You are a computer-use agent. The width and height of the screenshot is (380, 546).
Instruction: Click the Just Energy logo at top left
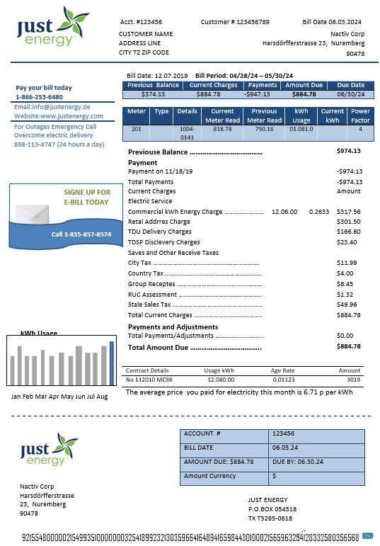pyautogui.click(x=53, y=27)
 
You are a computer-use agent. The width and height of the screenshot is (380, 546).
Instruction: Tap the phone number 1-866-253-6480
pyautogui.click(x=39, y=97)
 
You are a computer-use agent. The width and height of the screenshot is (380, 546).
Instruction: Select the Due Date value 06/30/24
pyautogui.click(x=351, y=93)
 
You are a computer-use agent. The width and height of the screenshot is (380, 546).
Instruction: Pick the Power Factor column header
pyautogui.click(x=360, y=115)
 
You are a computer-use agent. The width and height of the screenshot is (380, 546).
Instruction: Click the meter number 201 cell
pyautogui.click(x=137, y=129)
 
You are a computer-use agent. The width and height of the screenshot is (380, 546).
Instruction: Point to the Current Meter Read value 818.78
pyautogui.click(x=223, y=129)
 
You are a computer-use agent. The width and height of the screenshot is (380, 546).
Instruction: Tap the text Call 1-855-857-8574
pyautogui.click(x=81, y=234)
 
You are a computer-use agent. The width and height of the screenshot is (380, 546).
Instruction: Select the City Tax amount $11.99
pyautogui.click(x=347, y=263)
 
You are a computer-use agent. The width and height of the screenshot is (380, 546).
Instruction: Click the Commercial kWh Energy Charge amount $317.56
pyautogui.click(x=348, y=212)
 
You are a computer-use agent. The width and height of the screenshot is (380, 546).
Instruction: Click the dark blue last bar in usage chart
pyautogui.click(x=111, y=365)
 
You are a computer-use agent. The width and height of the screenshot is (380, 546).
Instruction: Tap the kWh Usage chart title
pyautogui.click(x=39, y=333)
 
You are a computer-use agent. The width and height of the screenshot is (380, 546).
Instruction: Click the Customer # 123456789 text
pyautogui.click(x=234, y=22)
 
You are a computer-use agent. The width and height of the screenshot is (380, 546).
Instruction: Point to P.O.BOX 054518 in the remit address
pyautogui.click(x=272, y=509)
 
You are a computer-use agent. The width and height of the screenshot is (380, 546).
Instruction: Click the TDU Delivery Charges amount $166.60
pyautogui.click(x=348, y=232)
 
